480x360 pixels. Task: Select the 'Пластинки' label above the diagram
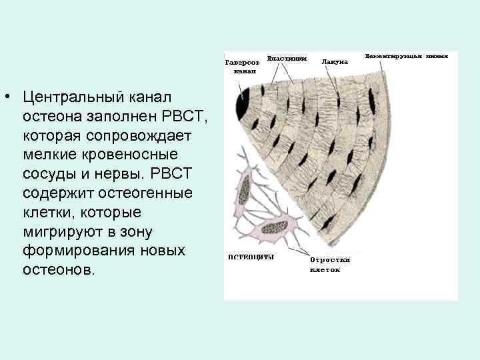[x=287, y=58]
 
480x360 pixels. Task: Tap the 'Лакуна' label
[x=335, y=61]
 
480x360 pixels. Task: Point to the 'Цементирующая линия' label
[x=407, y=57]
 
